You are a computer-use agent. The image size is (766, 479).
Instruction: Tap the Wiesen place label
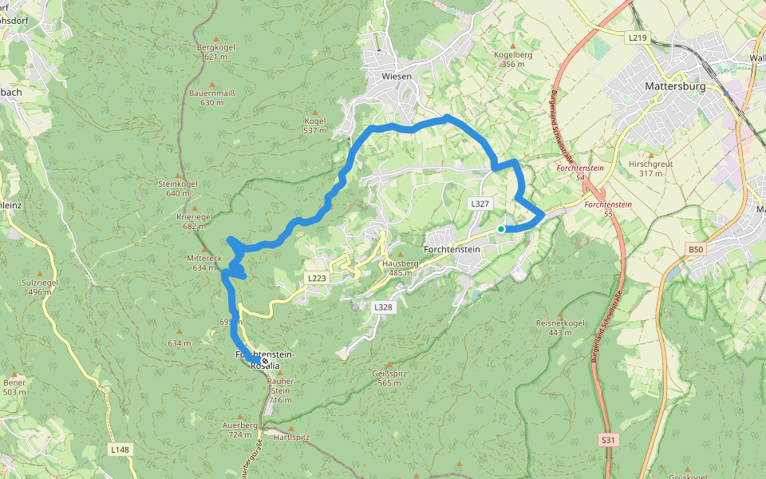click(397, 77)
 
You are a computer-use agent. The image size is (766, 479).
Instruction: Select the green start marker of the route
click(501, 229)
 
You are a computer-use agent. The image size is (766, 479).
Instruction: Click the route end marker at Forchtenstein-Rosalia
click(265, 361)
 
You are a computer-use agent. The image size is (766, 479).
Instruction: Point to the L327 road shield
click(480, 204)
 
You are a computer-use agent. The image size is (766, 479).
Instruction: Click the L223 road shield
click(315, 278)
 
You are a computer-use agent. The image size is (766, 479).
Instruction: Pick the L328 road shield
click(384, 307)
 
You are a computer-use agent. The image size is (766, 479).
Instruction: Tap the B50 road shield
click(697, 250)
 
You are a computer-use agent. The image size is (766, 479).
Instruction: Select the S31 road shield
click(609, 440)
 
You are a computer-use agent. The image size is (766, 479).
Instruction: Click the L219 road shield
click(637, 38)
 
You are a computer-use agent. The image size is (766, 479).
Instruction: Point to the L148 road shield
click(120, 450)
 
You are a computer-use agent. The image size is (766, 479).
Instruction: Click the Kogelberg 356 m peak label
click(513, 59)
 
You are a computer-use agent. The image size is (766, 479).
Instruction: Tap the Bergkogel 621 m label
click(215, 52)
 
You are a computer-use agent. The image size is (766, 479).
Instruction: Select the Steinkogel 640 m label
click(177, 188)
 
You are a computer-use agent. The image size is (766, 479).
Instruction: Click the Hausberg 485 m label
click(400, 267)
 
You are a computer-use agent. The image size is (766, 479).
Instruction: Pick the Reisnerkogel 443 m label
click(560, 327)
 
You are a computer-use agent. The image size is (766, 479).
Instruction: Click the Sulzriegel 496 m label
click(40, 287)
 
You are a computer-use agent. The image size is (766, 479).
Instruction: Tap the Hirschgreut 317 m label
click(650, 168)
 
